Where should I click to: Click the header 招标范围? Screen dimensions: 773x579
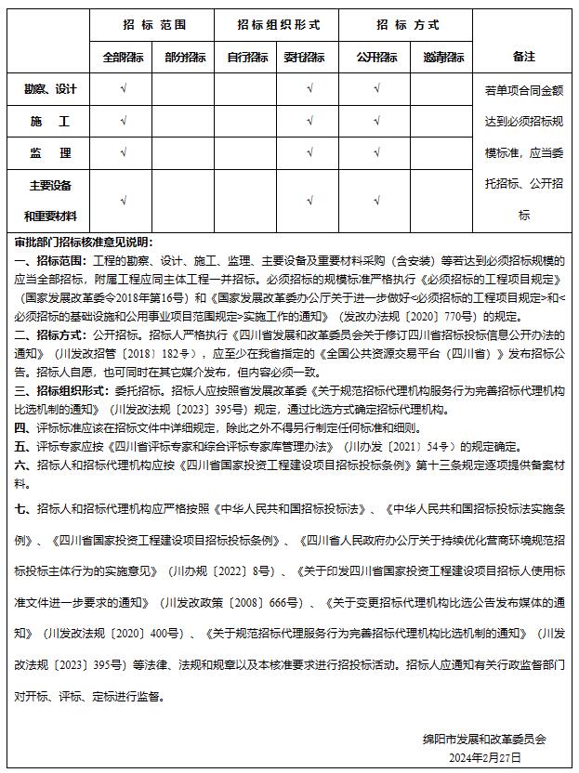coord(154,25)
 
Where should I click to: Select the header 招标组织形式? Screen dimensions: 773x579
coord(278,25)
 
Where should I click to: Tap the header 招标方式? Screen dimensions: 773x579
coord(408,25)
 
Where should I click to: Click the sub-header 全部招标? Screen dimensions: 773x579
coord(123,58)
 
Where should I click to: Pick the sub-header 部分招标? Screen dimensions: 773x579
coord(185,58)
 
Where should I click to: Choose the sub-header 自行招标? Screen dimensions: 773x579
coord(247,58)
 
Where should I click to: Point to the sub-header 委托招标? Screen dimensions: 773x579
coord(309,58)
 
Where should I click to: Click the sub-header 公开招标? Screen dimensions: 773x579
coord(376,58)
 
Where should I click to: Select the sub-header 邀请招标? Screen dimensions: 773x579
coord(442,58)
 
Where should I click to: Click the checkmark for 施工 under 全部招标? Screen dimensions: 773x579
coord(123,122)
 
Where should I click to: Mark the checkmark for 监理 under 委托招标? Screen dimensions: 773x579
coord(309,153)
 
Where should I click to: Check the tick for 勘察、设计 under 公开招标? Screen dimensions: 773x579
coord(376,90)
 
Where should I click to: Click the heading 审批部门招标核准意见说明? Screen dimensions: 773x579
coord(83,242)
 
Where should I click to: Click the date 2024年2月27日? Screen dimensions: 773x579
coord(484,758)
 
